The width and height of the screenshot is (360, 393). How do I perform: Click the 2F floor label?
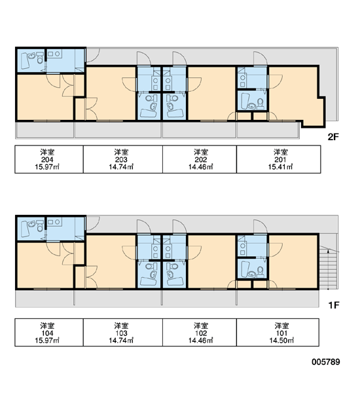coord(333,137)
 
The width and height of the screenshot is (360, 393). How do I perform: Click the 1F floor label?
coord(333,305)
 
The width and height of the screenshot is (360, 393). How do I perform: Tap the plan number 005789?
coord(326,362)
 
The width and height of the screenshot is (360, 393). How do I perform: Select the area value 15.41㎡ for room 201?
coord(281,167)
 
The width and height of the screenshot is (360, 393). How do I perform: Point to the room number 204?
coord(47,160)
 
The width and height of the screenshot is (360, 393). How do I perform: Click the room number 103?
coord(121,333)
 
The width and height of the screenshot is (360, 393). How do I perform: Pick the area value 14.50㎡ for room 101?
coord(281,341)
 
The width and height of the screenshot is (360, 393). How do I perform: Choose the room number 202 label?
coord(201,160)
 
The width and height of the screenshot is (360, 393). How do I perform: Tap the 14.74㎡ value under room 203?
coord(121,167)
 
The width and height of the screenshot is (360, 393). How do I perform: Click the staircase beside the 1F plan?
coord(328,267)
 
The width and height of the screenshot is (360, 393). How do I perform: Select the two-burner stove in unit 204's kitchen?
coord(54,54)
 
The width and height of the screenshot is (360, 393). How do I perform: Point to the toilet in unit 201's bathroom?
coord(261,103)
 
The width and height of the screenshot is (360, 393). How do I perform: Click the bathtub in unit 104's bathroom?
coord(25,229)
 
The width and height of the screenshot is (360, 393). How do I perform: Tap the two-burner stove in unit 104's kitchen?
coord(54,222)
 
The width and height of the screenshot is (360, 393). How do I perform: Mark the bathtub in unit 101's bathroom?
coord(245,269)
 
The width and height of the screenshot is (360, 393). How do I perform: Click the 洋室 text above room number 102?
coord(201,326)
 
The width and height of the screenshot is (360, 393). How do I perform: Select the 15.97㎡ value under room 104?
coord(47,341)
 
